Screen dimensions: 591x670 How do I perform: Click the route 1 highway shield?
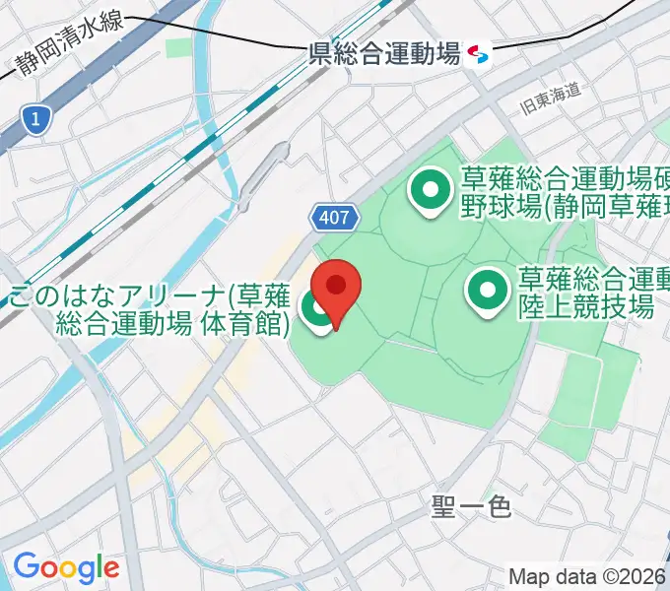(35, 120)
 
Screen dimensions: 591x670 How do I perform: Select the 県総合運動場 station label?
(384, 54)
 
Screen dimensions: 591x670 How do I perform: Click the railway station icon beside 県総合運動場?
(479, 53)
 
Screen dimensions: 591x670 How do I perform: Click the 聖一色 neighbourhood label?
(471, 507)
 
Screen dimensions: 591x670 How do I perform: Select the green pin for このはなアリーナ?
(317, 311)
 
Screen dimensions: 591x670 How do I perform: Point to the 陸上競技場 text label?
(586, 305)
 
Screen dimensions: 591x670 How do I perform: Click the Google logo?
(65, 567)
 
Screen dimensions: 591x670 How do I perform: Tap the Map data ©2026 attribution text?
(586, 576)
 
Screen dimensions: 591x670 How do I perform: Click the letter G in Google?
(25, 566)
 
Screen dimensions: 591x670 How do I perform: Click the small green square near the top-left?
(178, 47)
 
